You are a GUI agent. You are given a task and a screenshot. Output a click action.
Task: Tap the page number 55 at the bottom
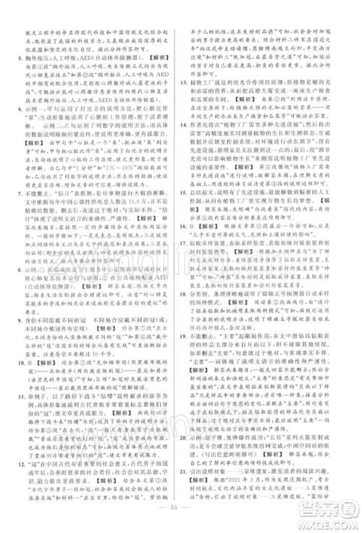(x=181, y=519)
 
